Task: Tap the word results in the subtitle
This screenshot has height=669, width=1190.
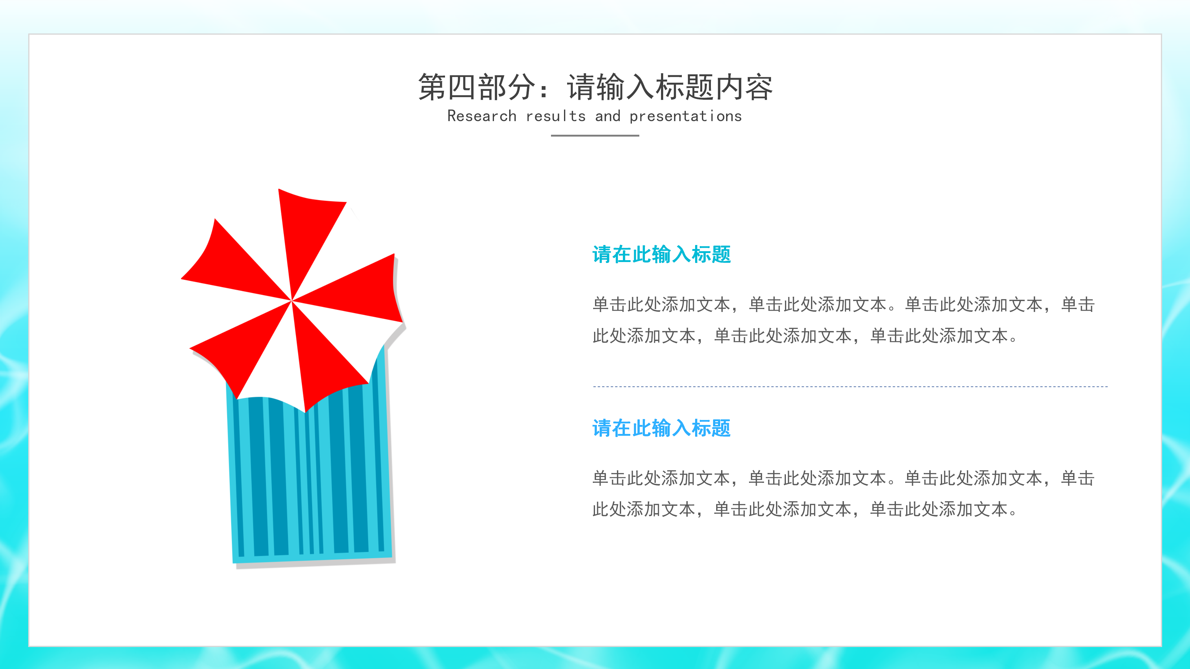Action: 556,116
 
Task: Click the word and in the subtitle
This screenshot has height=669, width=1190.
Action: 607,116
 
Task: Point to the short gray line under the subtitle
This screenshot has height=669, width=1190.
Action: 595,136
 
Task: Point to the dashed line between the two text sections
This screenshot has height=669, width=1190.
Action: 850,387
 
